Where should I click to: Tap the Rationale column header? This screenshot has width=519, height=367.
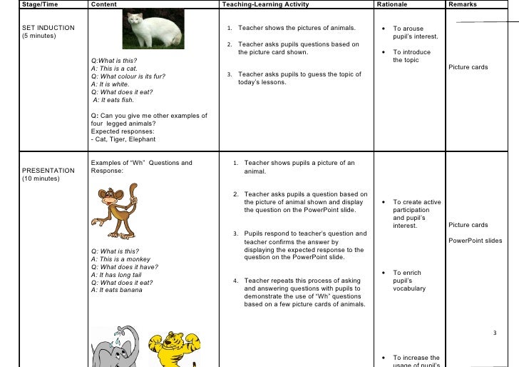(x=393, y=5)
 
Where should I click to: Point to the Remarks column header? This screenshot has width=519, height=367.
(x=462, y=5)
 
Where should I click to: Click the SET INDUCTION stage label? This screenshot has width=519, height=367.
(x=48, y=29)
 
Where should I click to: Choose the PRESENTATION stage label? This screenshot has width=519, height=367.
(x=48, y=171)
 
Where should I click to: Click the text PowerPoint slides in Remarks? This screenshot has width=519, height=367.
(x=475, y=241)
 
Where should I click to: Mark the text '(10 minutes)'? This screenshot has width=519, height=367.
(x=41, y=179)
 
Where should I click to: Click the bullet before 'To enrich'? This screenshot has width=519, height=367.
(x=384, y=273)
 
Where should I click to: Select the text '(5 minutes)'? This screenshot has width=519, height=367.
(x=40, y=36)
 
